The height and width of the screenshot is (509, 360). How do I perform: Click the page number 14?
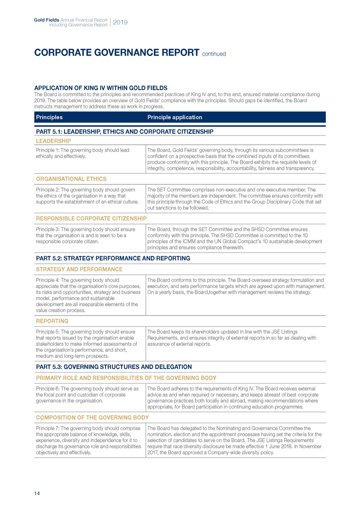point(37,493)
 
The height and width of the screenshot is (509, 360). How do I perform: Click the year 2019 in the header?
point(120,22)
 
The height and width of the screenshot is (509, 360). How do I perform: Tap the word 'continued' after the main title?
point(214,54)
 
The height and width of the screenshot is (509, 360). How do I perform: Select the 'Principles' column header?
point(49,117)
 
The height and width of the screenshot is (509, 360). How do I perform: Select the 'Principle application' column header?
point(174,117)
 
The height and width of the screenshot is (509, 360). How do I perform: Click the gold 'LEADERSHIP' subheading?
point(53,141)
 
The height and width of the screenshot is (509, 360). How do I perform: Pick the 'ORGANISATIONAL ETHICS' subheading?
point(71,179)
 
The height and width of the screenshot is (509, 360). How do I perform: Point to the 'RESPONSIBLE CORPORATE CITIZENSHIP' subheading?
point(91,218)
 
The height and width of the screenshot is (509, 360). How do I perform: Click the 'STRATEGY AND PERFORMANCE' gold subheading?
point(79,269)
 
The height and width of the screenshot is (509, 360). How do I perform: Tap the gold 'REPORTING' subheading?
point(52,321)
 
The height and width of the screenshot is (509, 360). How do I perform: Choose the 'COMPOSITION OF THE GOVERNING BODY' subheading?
point(92,417)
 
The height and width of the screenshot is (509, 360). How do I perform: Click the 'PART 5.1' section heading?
point(124,131)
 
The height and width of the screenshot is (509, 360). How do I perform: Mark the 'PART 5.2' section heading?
point(112,258)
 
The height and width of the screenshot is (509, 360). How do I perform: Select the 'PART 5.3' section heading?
point(113,366)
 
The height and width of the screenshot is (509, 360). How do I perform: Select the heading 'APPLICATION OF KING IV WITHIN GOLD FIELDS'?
point(101,88)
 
